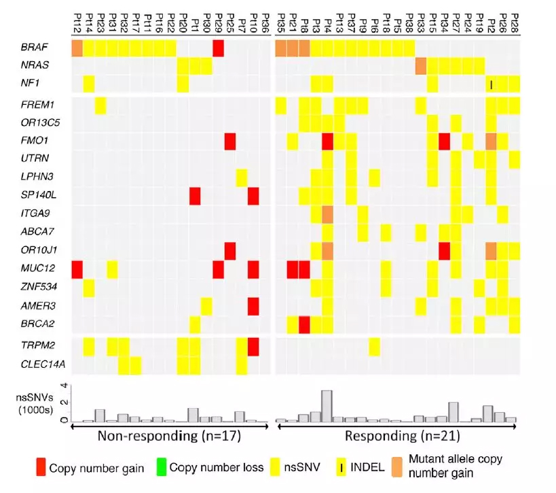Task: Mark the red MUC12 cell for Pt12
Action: (77, 269)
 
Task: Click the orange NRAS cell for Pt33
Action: (421, 66)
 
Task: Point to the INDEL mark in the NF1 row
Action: (491, 84)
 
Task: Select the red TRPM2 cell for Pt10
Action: (254, 347)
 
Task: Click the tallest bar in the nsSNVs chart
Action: (327, 406)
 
